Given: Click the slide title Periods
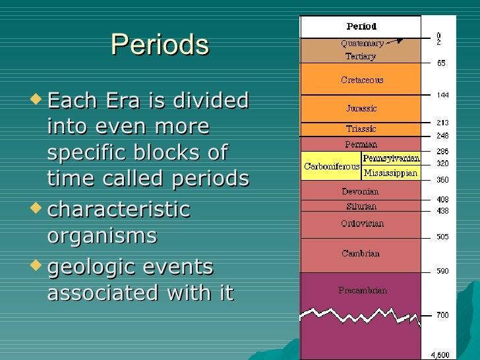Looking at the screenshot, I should (x=160, y=45).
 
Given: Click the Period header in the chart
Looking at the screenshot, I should (x=361, y=27).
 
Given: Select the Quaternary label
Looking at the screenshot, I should (x=361, y=44).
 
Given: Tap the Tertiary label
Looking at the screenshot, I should (x=361, y=57).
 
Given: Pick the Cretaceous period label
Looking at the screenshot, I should (x=361, y=80).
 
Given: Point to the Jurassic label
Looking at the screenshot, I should (x=361, y=108).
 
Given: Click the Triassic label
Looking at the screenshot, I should (x=361, y=129).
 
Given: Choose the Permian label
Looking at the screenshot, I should (x=361, y=144).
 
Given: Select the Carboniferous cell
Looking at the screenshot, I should (x=331, y=167).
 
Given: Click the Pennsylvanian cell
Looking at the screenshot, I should (x=391, y=160).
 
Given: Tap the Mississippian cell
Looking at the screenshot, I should (x=391, y=173).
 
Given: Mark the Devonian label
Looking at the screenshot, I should (x=361, y=192).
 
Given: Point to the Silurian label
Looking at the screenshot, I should (x=361, y=206).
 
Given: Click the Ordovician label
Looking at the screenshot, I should (x=361, y=224).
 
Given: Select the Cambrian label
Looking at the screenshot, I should (x=361, y=254).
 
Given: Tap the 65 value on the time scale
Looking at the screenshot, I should (x=440, y=63).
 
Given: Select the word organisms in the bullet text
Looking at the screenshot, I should (x=102, y=235).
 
